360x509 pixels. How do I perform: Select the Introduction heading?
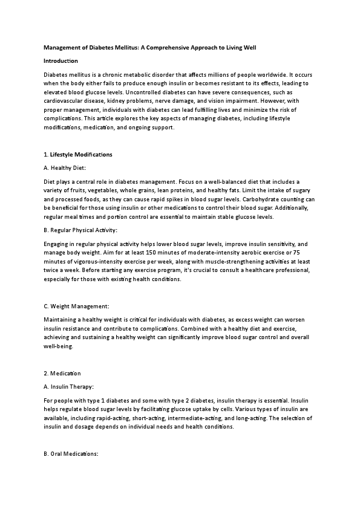point(61,61)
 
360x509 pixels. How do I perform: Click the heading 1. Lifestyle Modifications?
point(78,155)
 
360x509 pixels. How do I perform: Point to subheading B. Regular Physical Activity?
point(81,230)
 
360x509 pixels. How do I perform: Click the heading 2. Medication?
point(62,373)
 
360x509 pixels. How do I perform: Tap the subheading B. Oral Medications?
point(71,453)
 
